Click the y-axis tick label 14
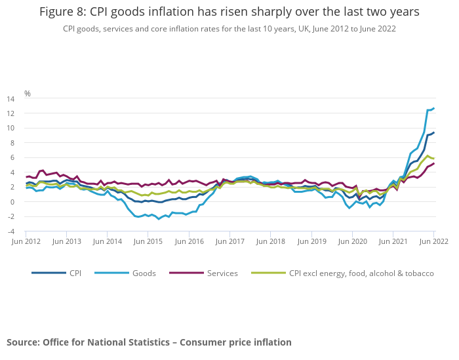pos(10,99)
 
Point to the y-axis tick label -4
pos(10,231)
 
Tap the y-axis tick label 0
pos(12,202)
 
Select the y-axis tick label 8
pos(12,143)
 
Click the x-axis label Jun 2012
pos(26,242)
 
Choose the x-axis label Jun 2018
pos(270,242)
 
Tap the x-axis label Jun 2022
pos(433,242)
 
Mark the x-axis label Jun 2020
pos(352,242)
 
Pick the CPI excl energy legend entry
pos(361,273)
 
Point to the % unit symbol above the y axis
pos(28,93)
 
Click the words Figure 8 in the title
pos(64,12)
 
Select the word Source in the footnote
pos(22,342)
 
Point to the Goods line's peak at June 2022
pos(433,108)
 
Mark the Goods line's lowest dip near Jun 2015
pos(159,218)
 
